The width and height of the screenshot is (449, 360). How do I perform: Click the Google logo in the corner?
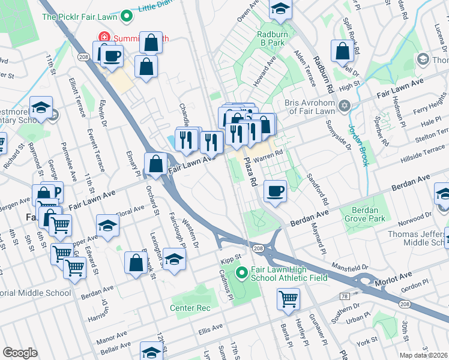pyautogui.click(x=20, y=353)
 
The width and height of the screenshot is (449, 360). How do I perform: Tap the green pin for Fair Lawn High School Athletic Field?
pyautogui.click(x=242, y=274)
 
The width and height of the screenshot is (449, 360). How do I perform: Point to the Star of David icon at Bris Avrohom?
pyautogui.click(x=344, y=106)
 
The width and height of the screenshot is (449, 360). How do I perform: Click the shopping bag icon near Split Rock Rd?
pyautogui.click(x=342, y=52)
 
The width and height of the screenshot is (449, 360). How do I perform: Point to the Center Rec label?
pyautogui.click(x=190, y=308)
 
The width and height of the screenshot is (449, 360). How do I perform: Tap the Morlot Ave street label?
pyautogui.click(x=393, y=278)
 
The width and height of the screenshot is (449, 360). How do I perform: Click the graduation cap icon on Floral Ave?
pyautogui.click(x=108, y=226)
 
